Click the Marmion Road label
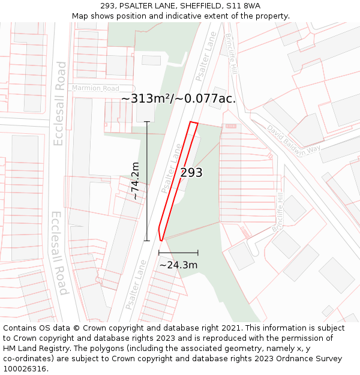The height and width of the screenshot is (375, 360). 95,88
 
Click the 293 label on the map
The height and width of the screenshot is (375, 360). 191,173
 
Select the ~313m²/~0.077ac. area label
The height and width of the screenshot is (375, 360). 178,99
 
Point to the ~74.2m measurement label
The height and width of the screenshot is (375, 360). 136,181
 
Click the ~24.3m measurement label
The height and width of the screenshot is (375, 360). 178,265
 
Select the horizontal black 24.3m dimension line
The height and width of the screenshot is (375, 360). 178,253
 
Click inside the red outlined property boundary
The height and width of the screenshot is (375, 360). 179,180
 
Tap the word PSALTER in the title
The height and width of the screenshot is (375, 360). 139,6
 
